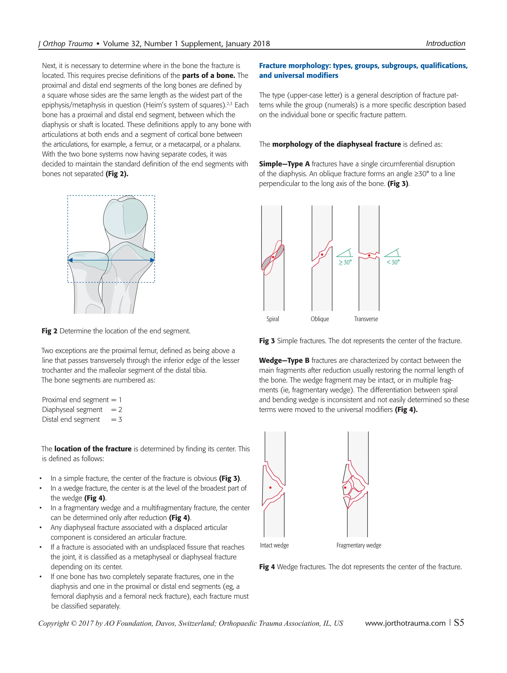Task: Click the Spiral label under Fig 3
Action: (x=272, y=319)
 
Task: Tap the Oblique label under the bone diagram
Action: (x=320, y=319)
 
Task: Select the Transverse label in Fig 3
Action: (x=366, y=319)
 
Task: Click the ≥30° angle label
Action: (x=345, y=262)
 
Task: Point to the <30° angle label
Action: (x=393, y=262)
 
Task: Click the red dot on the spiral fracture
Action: (x=273, y=257)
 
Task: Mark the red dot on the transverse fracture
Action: (x=369, y=255)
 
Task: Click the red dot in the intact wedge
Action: (x=270, y=488)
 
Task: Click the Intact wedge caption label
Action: (x=274, y=545)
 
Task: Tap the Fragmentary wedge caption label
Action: (x=358, y=545)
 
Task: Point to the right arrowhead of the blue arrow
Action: (x=152, y=260)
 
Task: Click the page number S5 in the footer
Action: (x=459, y=623)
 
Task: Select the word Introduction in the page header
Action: (x=445, y=44)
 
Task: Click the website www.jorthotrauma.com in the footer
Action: (x=405, y=623)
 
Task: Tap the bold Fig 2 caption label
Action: (x=49, y=331)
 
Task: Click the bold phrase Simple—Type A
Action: (x=284, y=164)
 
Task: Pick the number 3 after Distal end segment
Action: (x=120, y=420)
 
